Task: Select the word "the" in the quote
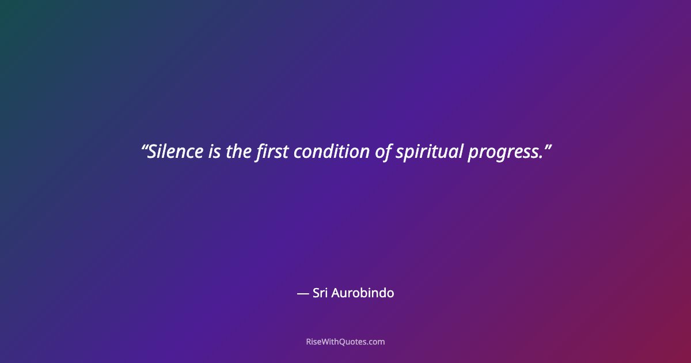tap(239, 152)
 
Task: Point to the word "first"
tap(272, 152)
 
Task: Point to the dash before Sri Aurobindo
tap(303, 293)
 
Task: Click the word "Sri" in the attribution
tap(320, 293)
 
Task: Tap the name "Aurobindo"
tap(363, 293)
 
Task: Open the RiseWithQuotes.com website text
tap(345, 342)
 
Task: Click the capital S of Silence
tap(153, 152)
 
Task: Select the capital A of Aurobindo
tap(335, 293)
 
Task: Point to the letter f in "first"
tap(260, 152)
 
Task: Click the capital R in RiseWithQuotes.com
tap(309, 342)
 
